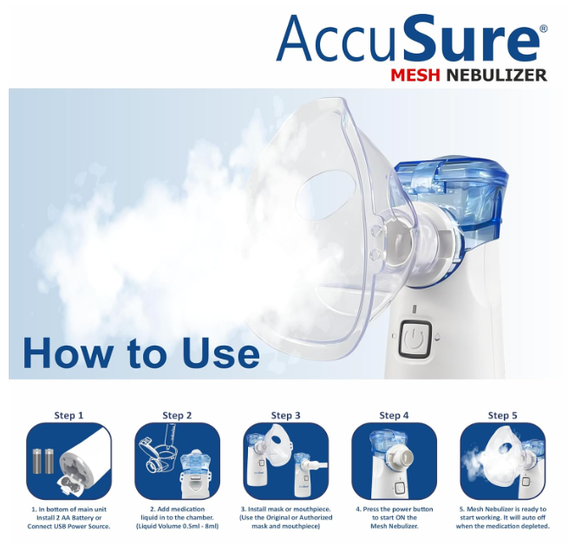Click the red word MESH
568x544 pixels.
click(413, 74)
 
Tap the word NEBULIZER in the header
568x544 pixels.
click(496, 74)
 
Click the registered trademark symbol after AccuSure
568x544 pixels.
click(543, 29)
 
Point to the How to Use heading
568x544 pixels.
click(140, 353)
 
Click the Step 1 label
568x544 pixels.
click(69, 415)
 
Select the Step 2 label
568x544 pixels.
click(177, 416)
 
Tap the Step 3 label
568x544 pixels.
click(285, 416)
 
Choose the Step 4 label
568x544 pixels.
click(394, 416)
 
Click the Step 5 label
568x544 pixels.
click(502, 416)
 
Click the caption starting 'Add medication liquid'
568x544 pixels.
click(177, 517)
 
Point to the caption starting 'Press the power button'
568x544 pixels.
click(394, 517)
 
